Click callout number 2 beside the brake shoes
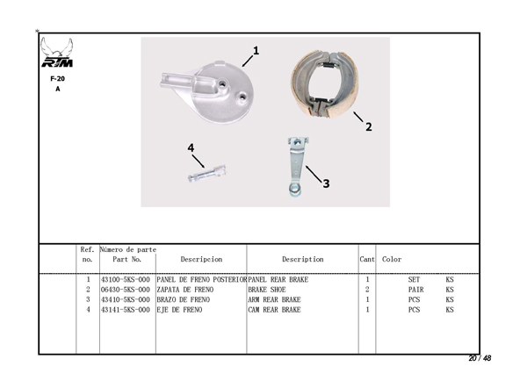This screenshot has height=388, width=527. [368, 126]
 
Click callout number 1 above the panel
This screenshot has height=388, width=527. [256, 51]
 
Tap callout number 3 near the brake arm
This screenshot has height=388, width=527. [326, 183]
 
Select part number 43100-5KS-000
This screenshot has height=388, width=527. [126, 280]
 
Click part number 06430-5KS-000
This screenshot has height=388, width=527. [126, 290]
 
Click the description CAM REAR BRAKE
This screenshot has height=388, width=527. [274, 310]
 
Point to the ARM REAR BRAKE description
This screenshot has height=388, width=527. [274, 299]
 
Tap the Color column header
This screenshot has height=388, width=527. [392, 260]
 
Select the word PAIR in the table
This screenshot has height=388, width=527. [415, 290]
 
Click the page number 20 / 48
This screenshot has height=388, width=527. [480, 358]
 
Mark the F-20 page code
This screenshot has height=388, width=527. [58, 78]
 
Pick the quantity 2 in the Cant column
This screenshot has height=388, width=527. [366, 290]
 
